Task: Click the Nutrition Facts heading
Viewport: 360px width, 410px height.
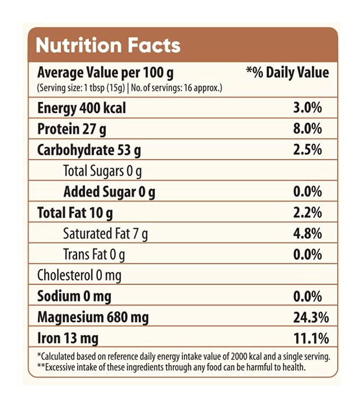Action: click(x=108, y=45)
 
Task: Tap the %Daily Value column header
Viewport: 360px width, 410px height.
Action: click(x=288, y=72)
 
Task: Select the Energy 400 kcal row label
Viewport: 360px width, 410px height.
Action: click(x=81, y=108)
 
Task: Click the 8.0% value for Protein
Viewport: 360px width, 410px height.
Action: click(x=307, y=129)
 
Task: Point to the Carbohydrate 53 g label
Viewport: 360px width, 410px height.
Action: click(x=89, y=150)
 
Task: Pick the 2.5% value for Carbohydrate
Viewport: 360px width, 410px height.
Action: click(x=307, y=150)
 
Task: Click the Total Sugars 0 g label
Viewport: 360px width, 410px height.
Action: click(x=102, y=171)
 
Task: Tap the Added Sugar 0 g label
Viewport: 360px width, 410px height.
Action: click(x=109, y=192)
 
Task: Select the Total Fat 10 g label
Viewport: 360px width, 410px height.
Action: click(x=75, y=213)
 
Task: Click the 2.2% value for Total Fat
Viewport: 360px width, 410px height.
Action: click(x=307, y=213)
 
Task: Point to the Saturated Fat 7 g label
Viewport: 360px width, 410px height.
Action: click(x=105, y=233)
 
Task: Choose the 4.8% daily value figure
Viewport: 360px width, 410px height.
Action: click(x=307, y=233)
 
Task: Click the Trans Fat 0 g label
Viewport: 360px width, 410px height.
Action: click(x=94, y=255)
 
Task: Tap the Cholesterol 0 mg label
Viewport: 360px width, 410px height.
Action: click(x=79, y=275)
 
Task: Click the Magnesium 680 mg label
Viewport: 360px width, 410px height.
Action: click(x=93, y=317)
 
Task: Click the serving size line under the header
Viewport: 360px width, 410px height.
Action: click(x=129, y=87)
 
